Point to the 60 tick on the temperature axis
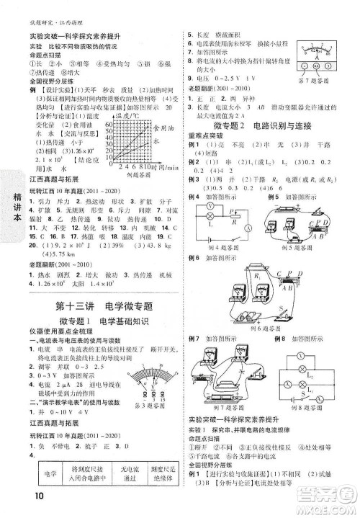(110, 124)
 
